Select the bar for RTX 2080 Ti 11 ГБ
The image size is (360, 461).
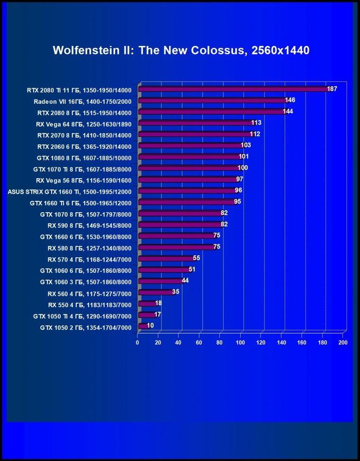point(234,89)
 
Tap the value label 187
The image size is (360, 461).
point(332,89)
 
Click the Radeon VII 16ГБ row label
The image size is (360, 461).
point(82,102)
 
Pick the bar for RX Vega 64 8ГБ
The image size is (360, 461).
point(197,123)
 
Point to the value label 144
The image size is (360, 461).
point(288,111)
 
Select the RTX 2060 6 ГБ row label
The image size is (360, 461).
point(84,147)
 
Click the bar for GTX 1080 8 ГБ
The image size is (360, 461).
point(190,157)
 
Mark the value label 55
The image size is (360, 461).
point(196,258)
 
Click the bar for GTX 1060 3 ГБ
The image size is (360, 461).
point(161,281)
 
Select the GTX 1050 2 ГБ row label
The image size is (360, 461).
point(86,327)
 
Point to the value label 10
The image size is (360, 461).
point(150,325)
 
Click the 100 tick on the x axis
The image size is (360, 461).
point(240,343)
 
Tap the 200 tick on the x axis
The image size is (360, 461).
point(343,343)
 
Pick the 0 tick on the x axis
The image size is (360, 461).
point(137,343)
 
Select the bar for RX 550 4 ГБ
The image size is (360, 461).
point(148,304)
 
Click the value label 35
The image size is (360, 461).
point(176,292)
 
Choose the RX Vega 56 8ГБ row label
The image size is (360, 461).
point(84,181)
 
